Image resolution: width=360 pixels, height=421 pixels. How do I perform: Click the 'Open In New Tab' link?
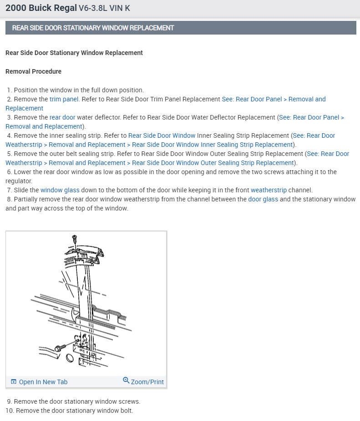(43, 382)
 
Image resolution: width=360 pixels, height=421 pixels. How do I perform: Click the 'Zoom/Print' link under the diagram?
(147, 382)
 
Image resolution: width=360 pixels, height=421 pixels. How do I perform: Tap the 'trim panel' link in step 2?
(64, 99)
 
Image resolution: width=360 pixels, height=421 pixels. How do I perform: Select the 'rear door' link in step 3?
(62, 117)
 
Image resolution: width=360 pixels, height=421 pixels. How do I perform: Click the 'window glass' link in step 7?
(60, 190)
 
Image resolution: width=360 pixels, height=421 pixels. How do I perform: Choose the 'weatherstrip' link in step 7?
(269, 190)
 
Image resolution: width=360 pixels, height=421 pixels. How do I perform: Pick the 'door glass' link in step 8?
(263, 199)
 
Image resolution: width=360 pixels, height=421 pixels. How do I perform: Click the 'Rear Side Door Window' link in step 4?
(162, 135)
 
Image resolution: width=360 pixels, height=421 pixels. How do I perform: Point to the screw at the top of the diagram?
(74, 238)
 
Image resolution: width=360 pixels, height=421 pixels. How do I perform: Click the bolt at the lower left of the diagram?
(59, 348)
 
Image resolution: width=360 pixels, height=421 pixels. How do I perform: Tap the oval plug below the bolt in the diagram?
(70, 359)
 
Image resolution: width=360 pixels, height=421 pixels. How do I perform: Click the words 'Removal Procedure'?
(33, 71)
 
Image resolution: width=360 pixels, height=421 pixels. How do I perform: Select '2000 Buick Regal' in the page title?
(41, 8)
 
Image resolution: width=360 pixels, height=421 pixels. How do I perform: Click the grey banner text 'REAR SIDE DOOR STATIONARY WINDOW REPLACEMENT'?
(93, 28)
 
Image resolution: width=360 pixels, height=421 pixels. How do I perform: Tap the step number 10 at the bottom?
(9, 411)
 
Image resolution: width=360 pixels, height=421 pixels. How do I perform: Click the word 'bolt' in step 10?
(127, 411)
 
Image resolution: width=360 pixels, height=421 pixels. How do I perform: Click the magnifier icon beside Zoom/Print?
(126, 381)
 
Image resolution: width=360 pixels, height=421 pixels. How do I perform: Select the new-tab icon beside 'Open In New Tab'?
(14, 382)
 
